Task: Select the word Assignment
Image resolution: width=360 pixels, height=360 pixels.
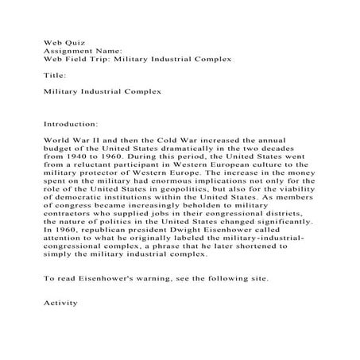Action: tap(65, 48)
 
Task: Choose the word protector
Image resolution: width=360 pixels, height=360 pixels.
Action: tap(110, 177)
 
